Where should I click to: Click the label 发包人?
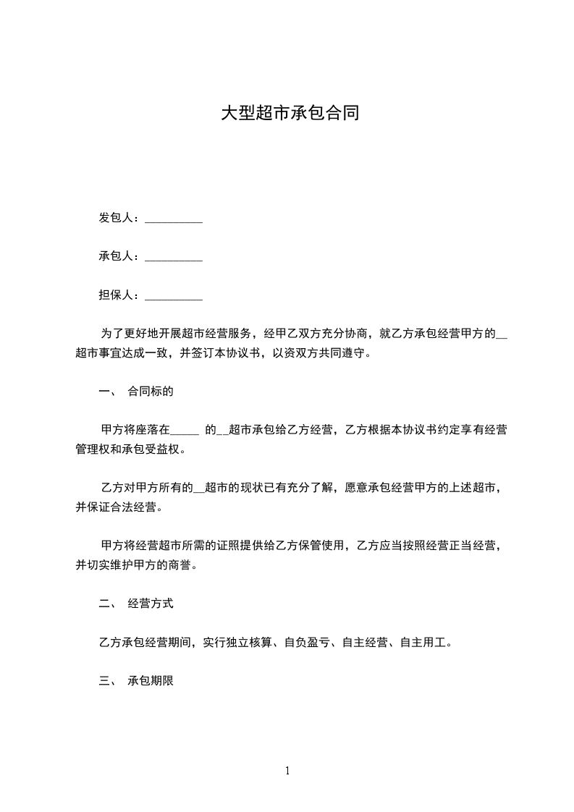(116, 218)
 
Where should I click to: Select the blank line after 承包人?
(174, 258)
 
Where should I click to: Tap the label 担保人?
(116, 295)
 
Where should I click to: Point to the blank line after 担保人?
(174, 297)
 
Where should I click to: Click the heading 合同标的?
(151, 392)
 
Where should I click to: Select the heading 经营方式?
(151, 603)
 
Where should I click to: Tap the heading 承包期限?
(151, 681)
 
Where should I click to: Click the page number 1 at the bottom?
(287, 771)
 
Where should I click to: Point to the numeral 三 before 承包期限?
(104, 681)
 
